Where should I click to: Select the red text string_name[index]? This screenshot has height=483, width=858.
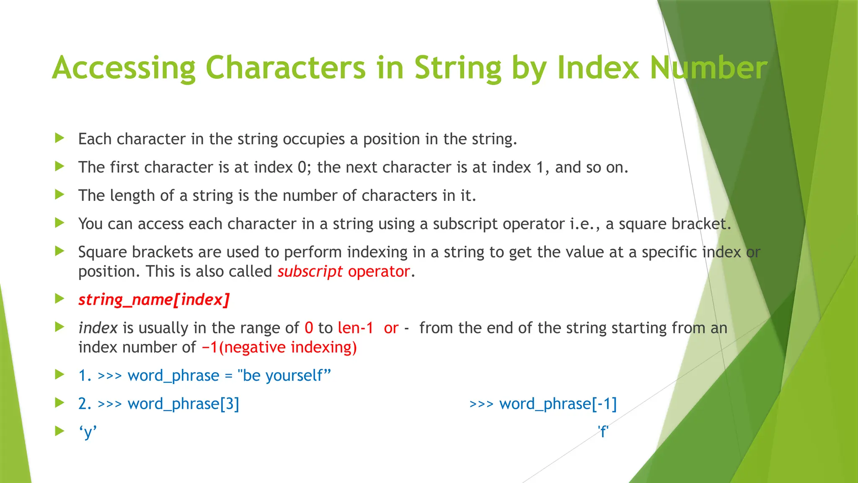pyautogui.click(x=154, y=300)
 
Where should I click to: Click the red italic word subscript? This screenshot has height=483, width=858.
pyautogui.click(x=310, y=272)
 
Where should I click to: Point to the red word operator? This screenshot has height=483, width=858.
pyautogui.click(x=379, y=272)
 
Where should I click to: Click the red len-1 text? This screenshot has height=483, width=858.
pyautogui.click(x=355, y=328)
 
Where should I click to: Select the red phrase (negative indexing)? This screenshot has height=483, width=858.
pyautogui.click(x=288, y=348)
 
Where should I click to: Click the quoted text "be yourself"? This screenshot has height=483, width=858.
pyautogui.click(x=284, y=376)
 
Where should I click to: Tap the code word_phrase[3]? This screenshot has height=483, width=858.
pyautogui.click(x=183, y=404)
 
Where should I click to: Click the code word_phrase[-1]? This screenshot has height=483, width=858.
pyautogui.click(x=558, y=404)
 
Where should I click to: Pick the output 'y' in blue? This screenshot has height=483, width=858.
pyautogui.click(x=88, y=432)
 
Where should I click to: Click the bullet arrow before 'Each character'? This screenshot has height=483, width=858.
pyautogui.click(x=59, y=138)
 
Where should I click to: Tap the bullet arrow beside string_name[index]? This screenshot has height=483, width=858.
pyautogui.click(x=59, y=299)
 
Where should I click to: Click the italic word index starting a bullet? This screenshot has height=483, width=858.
pyautogui.click(x=98, y=328)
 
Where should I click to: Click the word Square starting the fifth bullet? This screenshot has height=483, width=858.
pyautogui.click(x=102, y=252)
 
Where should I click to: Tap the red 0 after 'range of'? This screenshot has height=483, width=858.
pyautogui.click(x=309, y=328)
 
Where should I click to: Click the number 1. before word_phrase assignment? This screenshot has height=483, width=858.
pyautogui.click(x=85, y=376)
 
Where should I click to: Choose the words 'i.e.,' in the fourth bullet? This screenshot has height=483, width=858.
pyautogui.click(x=585, y=224)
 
